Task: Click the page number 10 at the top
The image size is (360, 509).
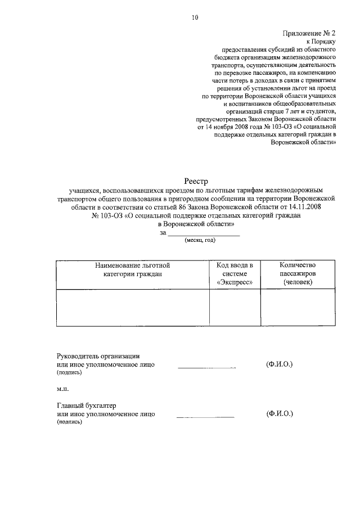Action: tap(195, 17)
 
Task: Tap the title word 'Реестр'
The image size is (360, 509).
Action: tap(196, 181)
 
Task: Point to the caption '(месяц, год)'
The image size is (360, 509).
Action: tap(200, 240)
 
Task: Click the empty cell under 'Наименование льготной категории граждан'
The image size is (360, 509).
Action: tap(132, 308)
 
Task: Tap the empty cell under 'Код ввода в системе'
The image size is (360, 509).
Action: tap(235, 308)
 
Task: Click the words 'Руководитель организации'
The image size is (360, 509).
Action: tap(98, 355)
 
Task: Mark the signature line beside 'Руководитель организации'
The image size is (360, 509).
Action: tap(206, 367)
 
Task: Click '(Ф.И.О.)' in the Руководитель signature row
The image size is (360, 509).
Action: tap(280, 364)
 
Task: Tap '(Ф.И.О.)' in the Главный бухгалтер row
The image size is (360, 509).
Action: tap(280, 414)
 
